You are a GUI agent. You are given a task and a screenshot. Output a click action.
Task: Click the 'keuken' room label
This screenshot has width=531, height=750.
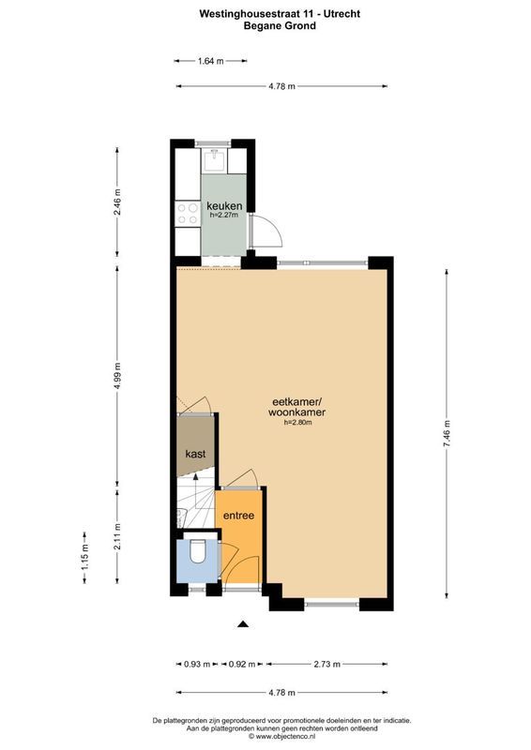[x=224, y=205]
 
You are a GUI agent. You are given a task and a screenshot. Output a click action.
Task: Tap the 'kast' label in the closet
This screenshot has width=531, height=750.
[x=195, y=454]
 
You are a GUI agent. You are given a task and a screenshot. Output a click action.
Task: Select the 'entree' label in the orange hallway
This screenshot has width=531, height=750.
[x=237, y=516]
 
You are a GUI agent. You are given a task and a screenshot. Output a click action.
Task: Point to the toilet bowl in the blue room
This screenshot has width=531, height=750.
[x=196, y=554]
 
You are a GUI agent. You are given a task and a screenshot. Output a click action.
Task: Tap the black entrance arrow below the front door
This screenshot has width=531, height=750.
[x=243, y=623]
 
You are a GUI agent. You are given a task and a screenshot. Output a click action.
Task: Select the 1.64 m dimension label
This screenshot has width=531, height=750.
[x=211, y=62]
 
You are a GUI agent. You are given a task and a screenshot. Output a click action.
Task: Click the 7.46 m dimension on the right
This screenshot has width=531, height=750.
[x=448, y=434]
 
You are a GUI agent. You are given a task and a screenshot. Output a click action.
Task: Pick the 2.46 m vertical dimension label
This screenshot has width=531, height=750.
[x=117, y=202]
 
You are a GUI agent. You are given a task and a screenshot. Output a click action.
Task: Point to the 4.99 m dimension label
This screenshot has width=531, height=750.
[x=117, y=372]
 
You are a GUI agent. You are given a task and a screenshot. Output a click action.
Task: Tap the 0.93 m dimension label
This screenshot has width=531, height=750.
[x=196, y=664]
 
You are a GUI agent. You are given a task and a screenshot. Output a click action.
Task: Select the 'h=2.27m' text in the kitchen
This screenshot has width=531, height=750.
[x=224, y=216]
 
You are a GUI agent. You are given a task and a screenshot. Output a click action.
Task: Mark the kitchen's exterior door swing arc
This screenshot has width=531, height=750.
[x=266, y=230]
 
